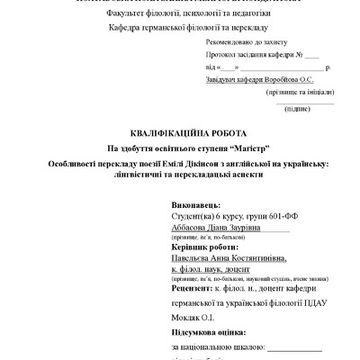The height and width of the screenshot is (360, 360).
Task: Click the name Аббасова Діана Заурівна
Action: [214, 229]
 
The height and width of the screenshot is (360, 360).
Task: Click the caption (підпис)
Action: [297, 109]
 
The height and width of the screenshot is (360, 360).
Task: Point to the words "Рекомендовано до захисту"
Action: [247, 42]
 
